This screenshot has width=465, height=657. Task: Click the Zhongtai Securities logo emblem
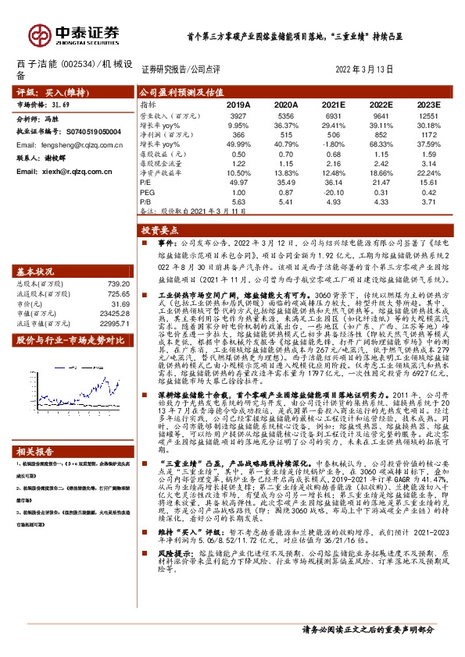[38, 34]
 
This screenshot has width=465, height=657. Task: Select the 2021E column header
[333, 104]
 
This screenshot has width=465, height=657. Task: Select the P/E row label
[146, 183]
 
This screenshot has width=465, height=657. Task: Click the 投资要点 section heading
[160, 232]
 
